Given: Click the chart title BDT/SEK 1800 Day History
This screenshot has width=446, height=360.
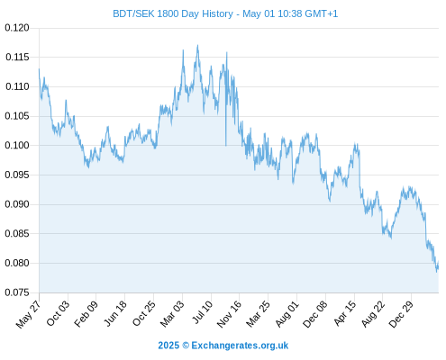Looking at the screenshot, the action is tap(173, 13).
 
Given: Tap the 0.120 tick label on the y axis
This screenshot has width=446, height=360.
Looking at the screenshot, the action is tap(17, 28).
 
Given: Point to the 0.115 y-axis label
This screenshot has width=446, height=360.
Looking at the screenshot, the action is tap(17, 57).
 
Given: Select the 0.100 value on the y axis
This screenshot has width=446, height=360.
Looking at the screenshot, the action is tap(17, 146).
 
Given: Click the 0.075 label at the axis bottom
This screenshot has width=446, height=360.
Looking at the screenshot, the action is tap(17, 292).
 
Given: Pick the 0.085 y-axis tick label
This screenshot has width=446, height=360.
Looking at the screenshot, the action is tap(17, 233).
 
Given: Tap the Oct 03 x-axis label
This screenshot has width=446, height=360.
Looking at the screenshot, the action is tap(58, 313).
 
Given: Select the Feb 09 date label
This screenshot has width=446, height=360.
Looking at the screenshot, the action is tap(86, 313).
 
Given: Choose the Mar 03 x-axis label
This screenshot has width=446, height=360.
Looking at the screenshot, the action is tap(172, 314).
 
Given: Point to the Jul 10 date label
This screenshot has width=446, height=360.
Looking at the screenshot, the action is tap(203, 312).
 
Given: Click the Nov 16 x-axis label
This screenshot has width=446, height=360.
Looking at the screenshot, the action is tap(229, 314).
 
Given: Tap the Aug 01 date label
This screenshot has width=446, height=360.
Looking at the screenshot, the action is tap(287, 314).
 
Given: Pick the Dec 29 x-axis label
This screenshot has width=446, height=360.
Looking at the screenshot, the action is tap(401, 314).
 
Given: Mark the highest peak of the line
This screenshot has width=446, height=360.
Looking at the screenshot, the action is tap(197, 45).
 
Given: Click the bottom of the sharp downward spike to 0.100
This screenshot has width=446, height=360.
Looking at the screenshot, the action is tap(226, 146).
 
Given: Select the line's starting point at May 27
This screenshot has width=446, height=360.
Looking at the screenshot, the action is tap(39, 69).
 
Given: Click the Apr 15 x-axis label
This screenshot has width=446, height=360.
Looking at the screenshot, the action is tap(345, 313).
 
